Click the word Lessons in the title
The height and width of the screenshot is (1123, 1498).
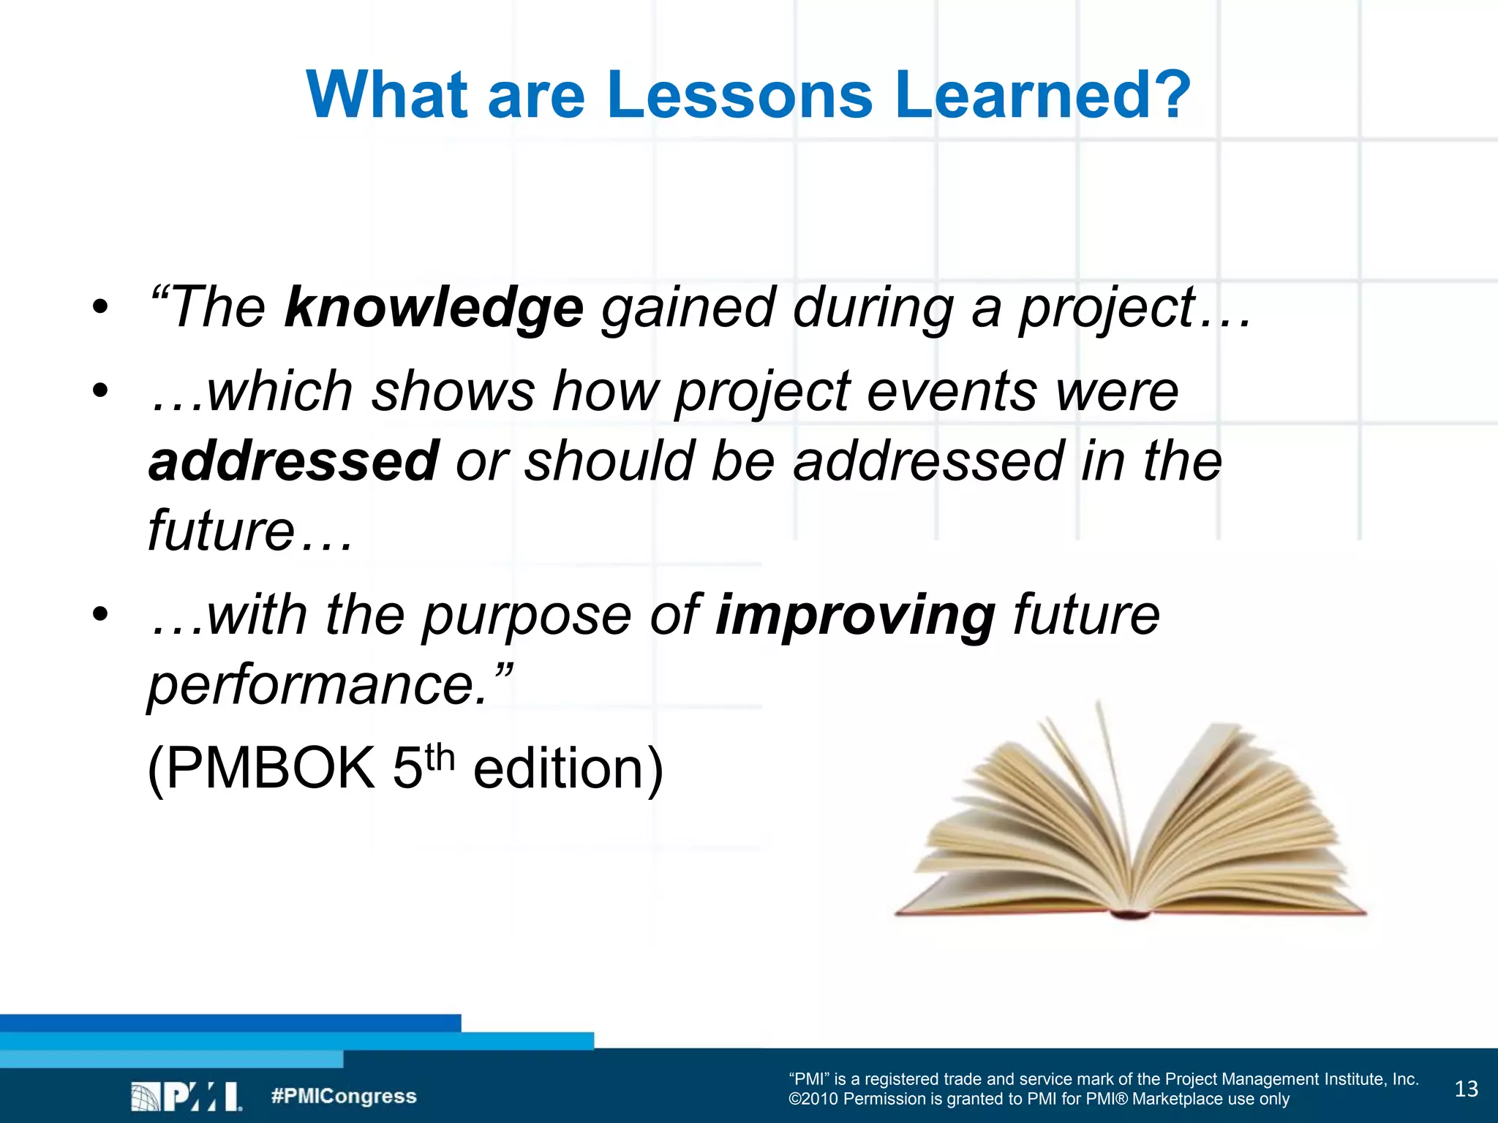click(739, 95)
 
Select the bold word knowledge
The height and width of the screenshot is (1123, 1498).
click(434, 308)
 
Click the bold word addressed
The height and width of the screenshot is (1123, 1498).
click(293, 461)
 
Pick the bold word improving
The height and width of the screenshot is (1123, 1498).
click(855, 615)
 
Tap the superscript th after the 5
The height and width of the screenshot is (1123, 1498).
click(440, 757)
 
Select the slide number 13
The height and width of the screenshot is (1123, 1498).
click(1466, 1089)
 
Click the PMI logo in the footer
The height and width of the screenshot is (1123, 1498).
click(186, 1097)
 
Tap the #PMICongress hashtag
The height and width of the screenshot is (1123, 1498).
click(344, 1096)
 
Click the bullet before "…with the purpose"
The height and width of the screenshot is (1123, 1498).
click(100, 614)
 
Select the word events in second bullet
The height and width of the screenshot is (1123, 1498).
click(952, 391)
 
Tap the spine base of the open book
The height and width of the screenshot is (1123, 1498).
click(1131, 912)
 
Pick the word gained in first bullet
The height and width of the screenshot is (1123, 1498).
click(688, 308)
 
